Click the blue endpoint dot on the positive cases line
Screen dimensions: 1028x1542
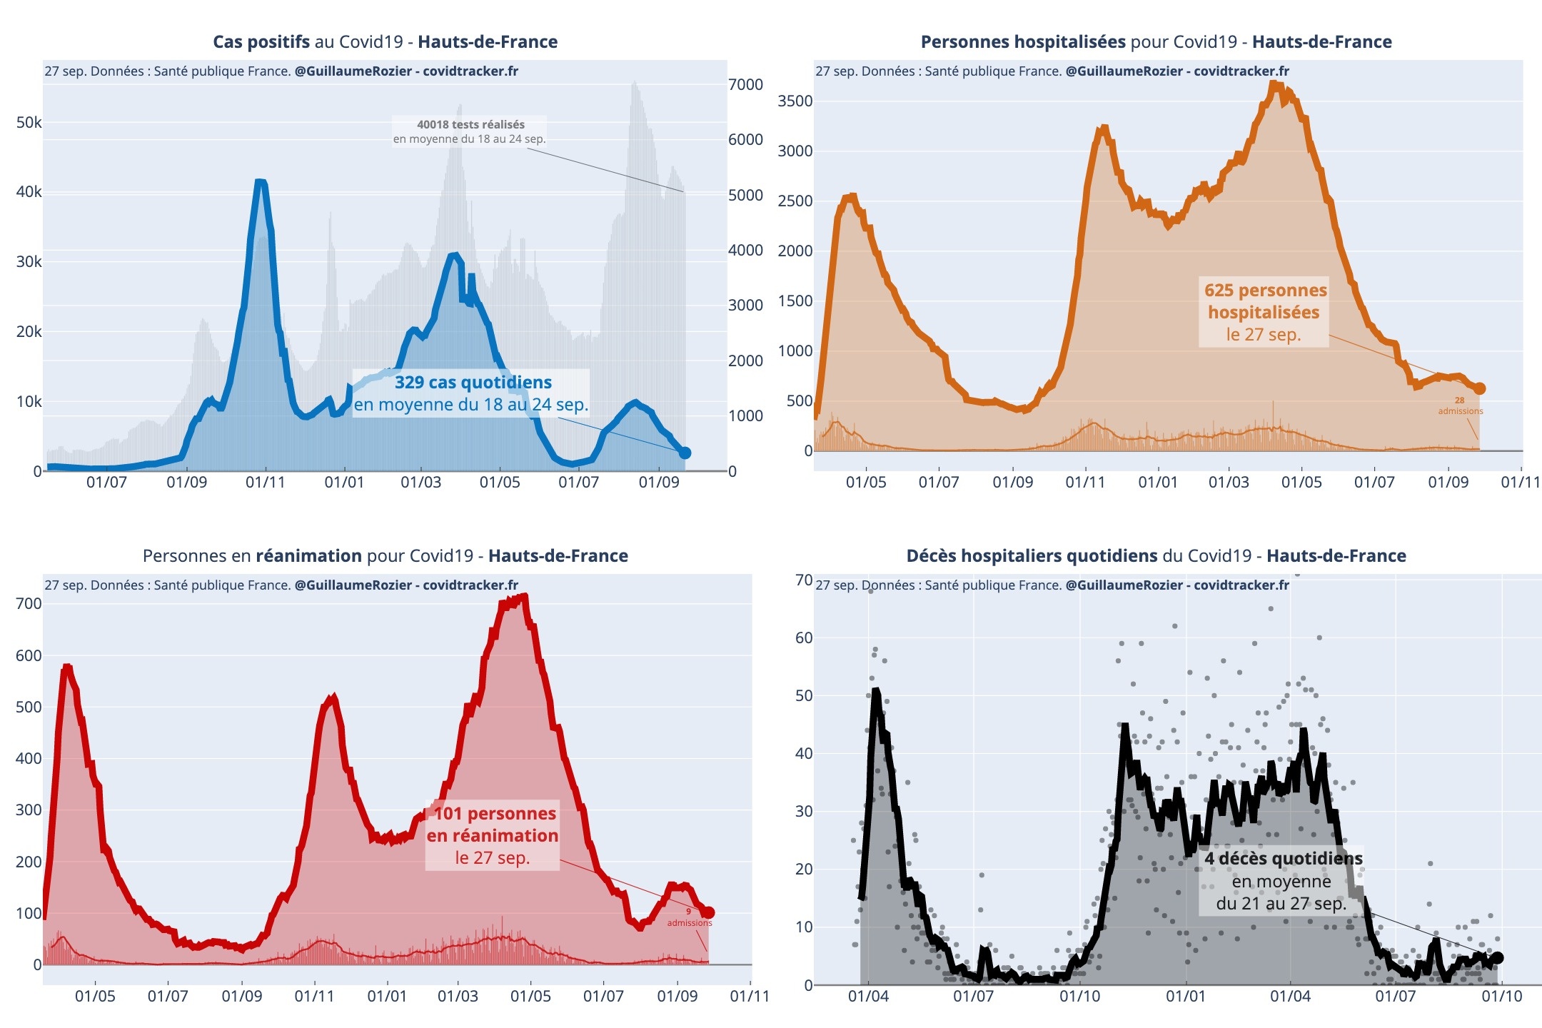coord(685,453)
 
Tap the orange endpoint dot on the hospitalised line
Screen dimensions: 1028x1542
coord(1479,388)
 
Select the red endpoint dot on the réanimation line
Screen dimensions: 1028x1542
coord(708,912)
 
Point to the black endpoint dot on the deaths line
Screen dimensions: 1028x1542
coord(1497,958)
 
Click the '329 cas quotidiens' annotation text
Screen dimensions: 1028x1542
coord(473,383)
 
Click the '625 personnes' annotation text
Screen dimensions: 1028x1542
coord(1265,291)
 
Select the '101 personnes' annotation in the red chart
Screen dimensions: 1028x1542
coord(495,813)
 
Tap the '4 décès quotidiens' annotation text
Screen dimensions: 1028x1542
coord(1283,858)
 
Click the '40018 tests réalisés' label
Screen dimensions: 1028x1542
coord(470,124)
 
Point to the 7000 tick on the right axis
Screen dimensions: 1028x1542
coord(745,84)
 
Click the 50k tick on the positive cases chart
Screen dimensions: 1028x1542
coord(29,122)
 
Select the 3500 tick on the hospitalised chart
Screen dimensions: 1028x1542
coord(795,101)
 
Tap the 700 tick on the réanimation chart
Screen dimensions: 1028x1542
coord(29,604)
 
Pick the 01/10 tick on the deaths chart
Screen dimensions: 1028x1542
coord(1501,997)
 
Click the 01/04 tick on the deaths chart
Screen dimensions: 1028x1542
coord(868,997)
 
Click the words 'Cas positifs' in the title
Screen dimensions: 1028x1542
coord(261,42)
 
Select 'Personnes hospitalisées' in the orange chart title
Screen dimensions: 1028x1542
coord(1023,42)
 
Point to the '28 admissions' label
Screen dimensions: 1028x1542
coord(1460,405)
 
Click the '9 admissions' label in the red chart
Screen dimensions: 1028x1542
coord(689,917)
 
